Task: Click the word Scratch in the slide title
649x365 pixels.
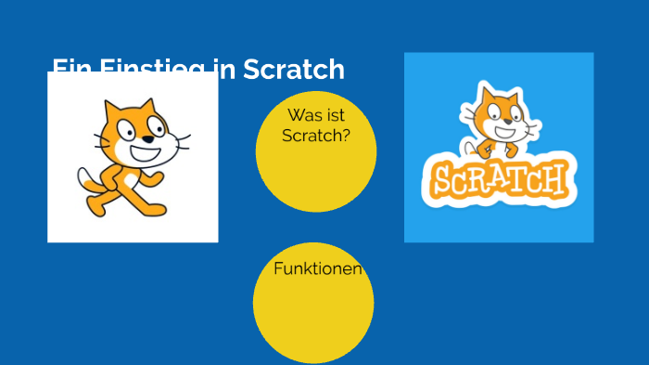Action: (294, 70)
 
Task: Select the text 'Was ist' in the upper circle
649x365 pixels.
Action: (315, 115)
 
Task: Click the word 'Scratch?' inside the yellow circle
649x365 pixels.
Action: (316, 135)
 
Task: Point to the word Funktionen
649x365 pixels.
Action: (317, 268)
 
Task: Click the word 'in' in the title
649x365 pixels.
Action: (227, 70)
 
